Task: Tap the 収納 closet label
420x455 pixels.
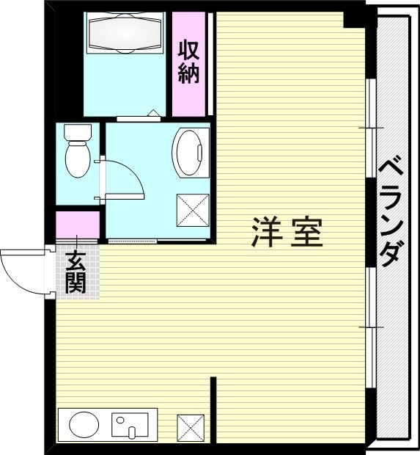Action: coord(188,63)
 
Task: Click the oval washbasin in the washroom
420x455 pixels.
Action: coord(188,150)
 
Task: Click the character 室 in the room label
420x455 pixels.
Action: coord(305,232)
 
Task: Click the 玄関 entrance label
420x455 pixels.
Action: coord(75,272)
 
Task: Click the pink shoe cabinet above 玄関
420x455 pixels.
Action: coord(77,226)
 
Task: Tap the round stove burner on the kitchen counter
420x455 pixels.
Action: coord(84,424)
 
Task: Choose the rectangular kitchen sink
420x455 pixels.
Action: coord(130,424)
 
